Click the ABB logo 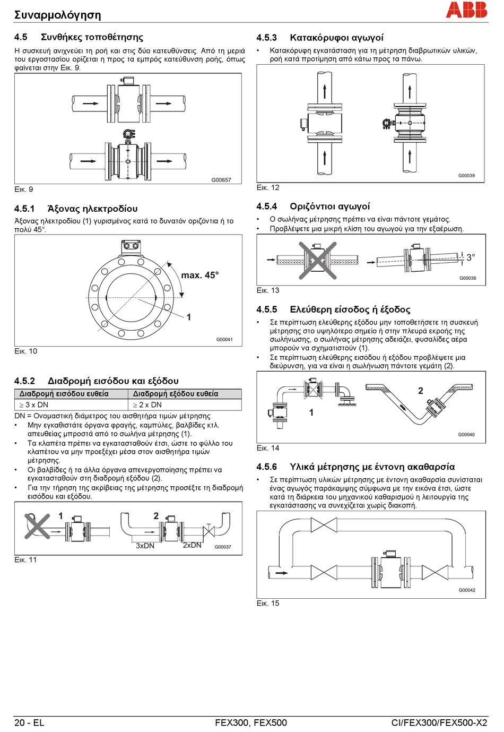(466, 10)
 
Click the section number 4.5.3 (266, 38)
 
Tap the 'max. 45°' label (199, 275)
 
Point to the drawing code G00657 (221, 180)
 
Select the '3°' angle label (471, 257)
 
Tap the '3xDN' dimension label (145, 546)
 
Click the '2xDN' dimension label (192, 545)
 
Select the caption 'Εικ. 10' (25, 351)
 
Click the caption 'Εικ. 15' (268, 603)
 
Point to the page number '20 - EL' (29, 722)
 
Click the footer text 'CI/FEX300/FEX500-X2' (439, 722)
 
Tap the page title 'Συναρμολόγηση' (57, 15)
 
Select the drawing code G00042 (467, 590)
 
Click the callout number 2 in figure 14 (421, 391)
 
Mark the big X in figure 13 (317, 260)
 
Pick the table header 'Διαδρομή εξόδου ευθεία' (175, 394)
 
